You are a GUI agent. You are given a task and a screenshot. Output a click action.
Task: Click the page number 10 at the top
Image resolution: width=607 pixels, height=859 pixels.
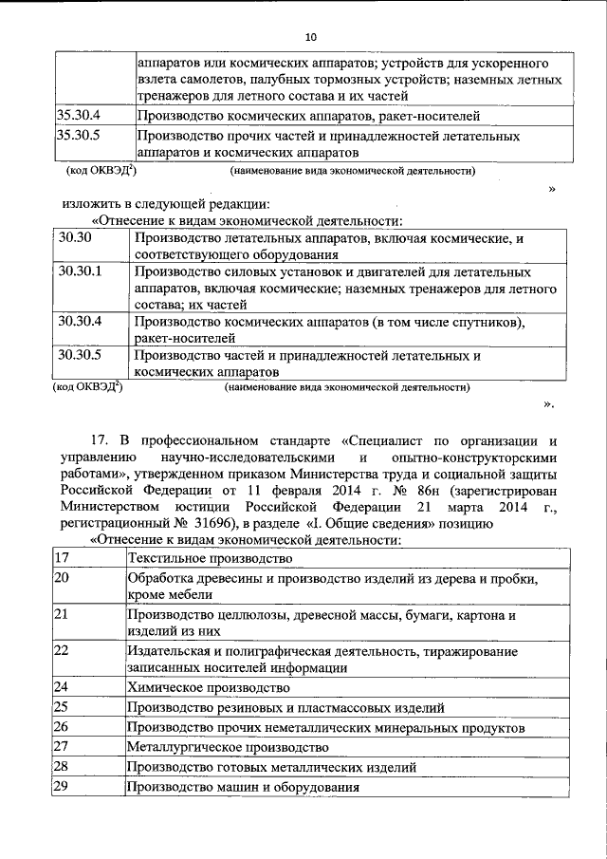(x=310, y=37)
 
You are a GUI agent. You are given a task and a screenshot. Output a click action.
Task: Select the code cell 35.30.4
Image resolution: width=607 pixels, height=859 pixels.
(x=79, y=116)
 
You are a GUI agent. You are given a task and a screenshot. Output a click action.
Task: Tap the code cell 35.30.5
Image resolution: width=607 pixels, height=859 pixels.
(x=79, y=135)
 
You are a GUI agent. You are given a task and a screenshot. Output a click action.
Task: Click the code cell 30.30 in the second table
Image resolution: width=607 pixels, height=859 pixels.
(x=74, y=237)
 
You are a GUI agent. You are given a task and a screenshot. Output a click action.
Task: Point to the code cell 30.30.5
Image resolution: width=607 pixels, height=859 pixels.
(x=79, y=355)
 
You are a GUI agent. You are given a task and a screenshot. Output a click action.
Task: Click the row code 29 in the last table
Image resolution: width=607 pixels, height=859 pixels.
(x=62, y=787)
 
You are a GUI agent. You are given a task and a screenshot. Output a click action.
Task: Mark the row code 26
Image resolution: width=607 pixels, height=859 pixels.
(x=62, y=726)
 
